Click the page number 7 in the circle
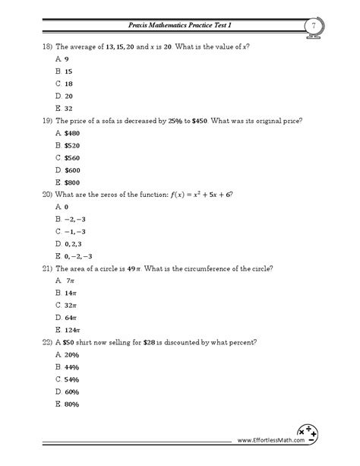pyautogui.click(x=312, y=27)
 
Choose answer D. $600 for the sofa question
pyautogui.click(x=69, y=170)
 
